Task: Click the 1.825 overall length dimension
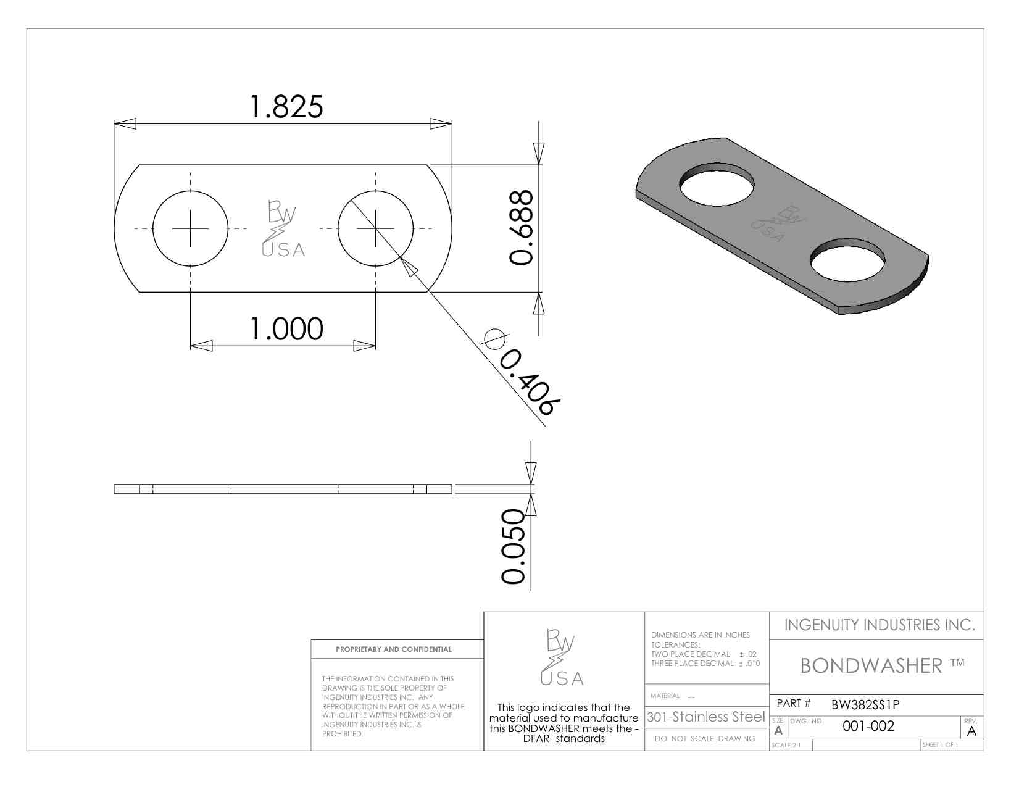pyautogui.click(x=286, y=106)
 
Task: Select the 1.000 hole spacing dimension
pyautogui.click(x=286, y=328)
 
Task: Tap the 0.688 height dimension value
pyautogui.click(x=522, y=228)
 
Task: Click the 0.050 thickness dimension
pyautogui.click(x=513, y=546)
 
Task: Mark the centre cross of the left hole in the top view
pyautogui.click(x=190, y=228)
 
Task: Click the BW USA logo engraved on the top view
pyautogui.click(x=283, y=228)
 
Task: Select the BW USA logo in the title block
pyautogui.click(x=562, y=657)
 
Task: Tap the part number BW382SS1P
pyautogui.click(x=865, y=704)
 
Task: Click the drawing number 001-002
pyautogui.click(x=868, y=726)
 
